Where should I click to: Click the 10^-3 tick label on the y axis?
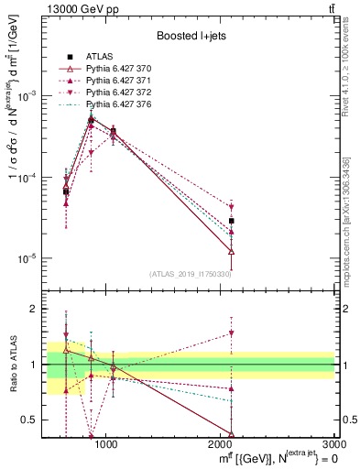[x=29, y=96]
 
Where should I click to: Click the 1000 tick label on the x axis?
[x=106, y=444]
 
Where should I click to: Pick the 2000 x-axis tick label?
[x=221, y=444]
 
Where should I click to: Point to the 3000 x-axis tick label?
[x=333, y=444]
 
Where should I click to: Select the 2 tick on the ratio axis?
[x=37, y=309]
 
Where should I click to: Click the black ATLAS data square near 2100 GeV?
[x=232, y=221]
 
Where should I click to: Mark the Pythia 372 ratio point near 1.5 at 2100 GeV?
[x=232, y=333]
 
